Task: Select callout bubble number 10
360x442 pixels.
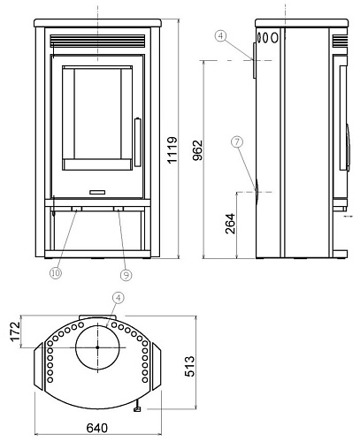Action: coord(56,273)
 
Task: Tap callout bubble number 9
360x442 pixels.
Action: coord(126,275)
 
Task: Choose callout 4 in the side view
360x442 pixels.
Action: coord(220,36)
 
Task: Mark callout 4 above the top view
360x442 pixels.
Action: coord(117,298)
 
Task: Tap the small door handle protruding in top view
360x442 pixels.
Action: coord(139,408)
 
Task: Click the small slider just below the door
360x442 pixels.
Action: coord(97,189)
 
